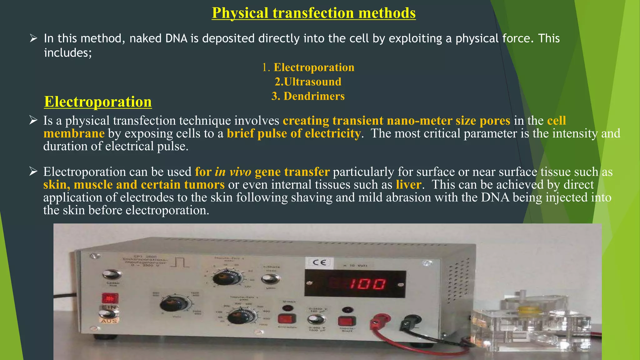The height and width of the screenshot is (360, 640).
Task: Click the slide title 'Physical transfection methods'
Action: tap(313, 13)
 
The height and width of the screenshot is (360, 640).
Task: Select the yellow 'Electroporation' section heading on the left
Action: tap(98, 102)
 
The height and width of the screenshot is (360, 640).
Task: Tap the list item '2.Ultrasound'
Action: tap(308, 82)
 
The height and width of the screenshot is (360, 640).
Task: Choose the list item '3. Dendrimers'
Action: tap(308, 96)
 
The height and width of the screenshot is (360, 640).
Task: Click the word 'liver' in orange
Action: tap(408, 185)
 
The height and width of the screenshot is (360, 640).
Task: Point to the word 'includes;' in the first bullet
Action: tap(68, 53)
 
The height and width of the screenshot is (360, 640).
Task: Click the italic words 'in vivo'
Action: tap(233, 172)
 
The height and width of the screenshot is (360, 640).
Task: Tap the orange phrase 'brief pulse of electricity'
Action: tap(294, 133)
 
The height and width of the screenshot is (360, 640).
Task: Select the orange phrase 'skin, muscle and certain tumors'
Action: tap(134, 185)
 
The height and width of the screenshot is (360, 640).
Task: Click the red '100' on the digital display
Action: tap(367, 284)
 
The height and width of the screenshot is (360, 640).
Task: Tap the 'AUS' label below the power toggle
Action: tap(109, 321)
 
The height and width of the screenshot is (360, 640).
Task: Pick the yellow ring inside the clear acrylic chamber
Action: tap(528, 311)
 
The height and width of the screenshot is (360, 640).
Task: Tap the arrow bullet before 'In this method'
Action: tap(33, 38)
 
